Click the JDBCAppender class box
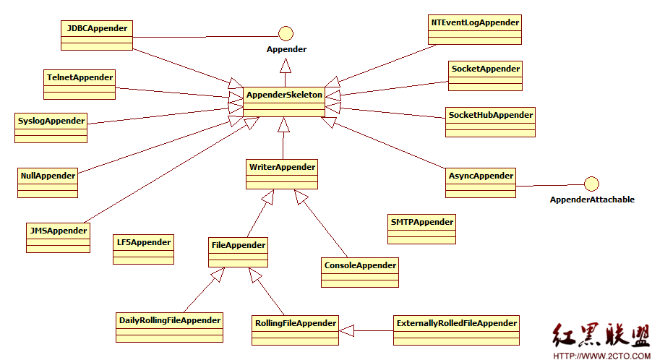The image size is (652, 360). coord(96,35)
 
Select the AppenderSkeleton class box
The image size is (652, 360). coord(284,102)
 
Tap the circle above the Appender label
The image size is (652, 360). coord(286,33)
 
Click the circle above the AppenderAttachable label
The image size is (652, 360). coord(591,184)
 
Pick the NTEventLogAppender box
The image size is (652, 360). coord(475,30)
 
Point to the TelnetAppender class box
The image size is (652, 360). coord(80,85)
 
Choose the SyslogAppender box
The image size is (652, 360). coord(51,128)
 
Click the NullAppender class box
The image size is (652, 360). coord(48,182)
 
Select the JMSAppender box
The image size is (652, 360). coord(57,237)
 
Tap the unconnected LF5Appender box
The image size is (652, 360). coord(143,249)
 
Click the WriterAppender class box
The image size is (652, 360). coord(282,174)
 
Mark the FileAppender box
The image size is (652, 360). coord(238,252)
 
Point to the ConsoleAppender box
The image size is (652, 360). coord(360,273)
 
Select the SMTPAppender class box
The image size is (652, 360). coord(421,228)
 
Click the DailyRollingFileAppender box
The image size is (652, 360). coord(170,327)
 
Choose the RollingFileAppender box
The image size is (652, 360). coord(295,330)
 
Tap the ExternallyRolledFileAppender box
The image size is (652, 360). coord(456,330)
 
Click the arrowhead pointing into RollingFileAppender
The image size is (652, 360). coord(346,330)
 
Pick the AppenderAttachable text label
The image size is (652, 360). coord(592,200)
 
